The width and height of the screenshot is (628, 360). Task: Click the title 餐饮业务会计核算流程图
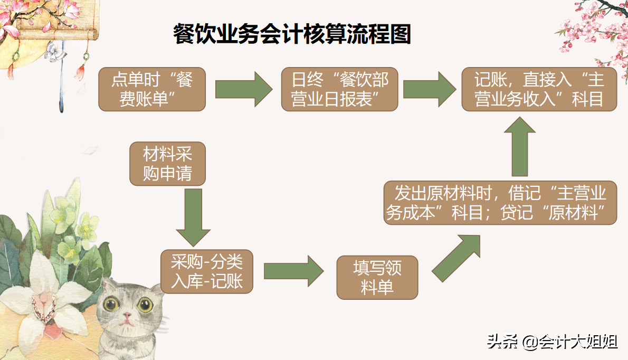coord(292,35)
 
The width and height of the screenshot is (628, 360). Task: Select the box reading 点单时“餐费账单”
coord(152,89)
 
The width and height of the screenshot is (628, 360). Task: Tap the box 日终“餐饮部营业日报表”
coord(339,89)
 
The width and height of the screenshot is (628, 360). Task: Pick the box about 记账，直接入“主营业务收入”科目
coord(539,89)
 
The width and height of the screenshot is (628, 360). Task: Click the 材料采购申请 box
coord(167,164)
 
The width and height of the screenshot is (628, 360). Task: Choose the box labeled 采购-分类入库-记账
coord(207,271)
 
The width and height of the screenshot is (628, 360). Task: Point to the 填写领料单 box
coord(377,277)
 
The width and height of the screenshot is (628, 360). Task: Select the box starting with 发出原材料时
coord(500,202)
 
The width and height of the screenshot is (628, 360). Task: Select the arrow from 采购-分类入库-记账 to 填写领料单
coord(293,271)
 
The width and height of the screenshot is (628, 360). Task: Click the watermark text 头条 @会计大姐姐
coord(552,342)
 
